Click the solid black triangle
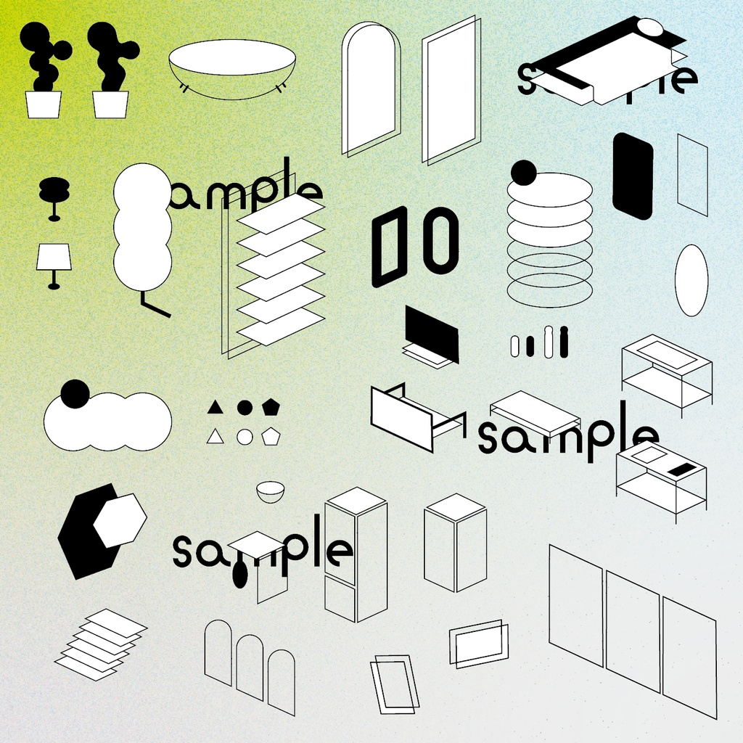[215, 408]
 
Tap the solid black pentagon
[271, 408]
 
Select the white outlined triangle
[215, 436]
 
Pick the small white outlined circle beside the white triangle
[245, 437]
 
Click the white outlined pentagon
[271, 436]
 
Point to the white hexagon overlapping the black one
[120, 520]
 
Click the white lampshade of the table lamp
[54, 258]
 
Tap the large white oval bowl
[232, 69]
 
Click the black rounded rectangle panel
[633, 176]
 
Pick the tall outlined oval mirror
[691, 280]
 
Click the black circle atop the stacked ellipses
[524, 173]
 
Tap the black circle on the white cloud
[75, 394]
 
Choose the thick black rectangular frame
[390, 247]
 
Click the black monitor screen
[432, 334]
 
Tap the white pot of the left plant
[43, 104]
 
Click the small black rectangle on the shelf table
[681, 469]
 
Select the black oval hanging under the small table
[240, 574]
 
